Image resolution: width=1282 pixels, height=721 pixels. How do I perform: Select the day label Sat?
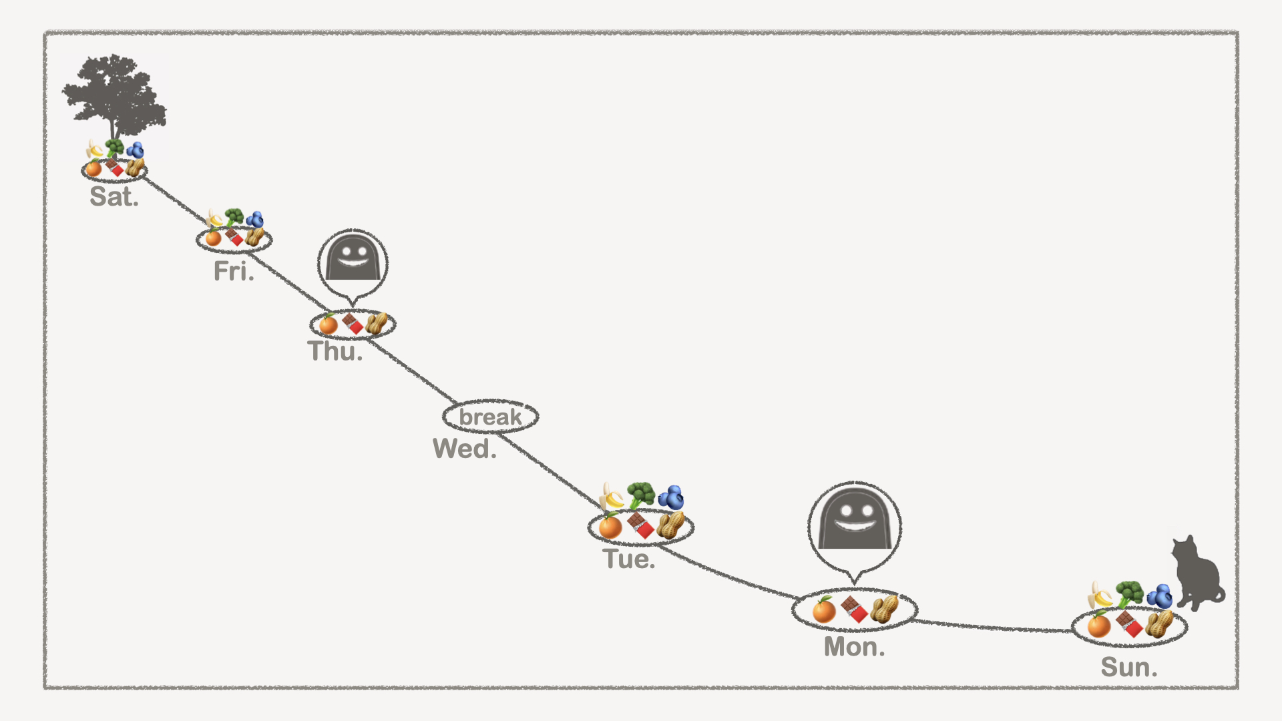[114, 197]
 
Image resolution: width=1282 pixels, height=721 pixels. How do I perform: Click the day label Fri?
[234, 272]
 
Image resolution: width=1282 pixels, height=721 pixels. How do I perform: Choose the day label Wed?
[465, 449]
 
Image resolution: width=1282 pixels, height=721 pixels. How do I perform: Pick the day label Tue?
[628, 559]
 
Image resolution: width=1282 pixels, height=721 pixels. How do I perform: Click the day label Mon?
[854, 647]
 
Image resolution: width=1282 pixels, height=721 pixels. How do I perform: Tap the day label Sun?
[1128, 668]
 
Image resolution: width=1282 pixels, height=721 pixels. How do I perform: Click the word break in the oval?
[490, 417]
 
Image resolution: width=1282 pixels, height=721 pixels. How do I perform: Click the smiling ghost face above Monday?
[855, 518]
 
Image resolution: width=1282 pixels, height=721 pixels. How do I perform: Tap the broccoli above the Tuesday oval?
[641, 495]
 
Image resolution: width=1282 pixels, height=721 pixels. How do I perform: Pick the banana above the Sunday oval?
[1100, 595]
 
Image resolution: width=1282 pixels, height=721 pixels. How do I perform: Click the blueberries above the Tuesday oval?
[671, 497]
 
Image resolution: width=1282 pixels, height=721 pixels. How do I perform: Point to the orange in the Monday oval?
[824, 610]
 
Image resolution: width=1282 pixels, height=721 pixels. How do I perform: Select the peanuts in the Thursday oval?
[377, 323]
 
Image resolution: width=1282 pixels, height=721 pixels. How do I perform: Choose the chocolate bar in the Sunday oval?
[1129, 625]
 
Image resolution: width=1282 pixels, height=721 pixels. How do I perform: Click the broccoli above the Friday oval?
[234, 217]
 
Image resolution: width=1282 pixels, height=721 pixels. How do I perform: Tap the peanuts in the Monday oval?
[884, 609]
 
